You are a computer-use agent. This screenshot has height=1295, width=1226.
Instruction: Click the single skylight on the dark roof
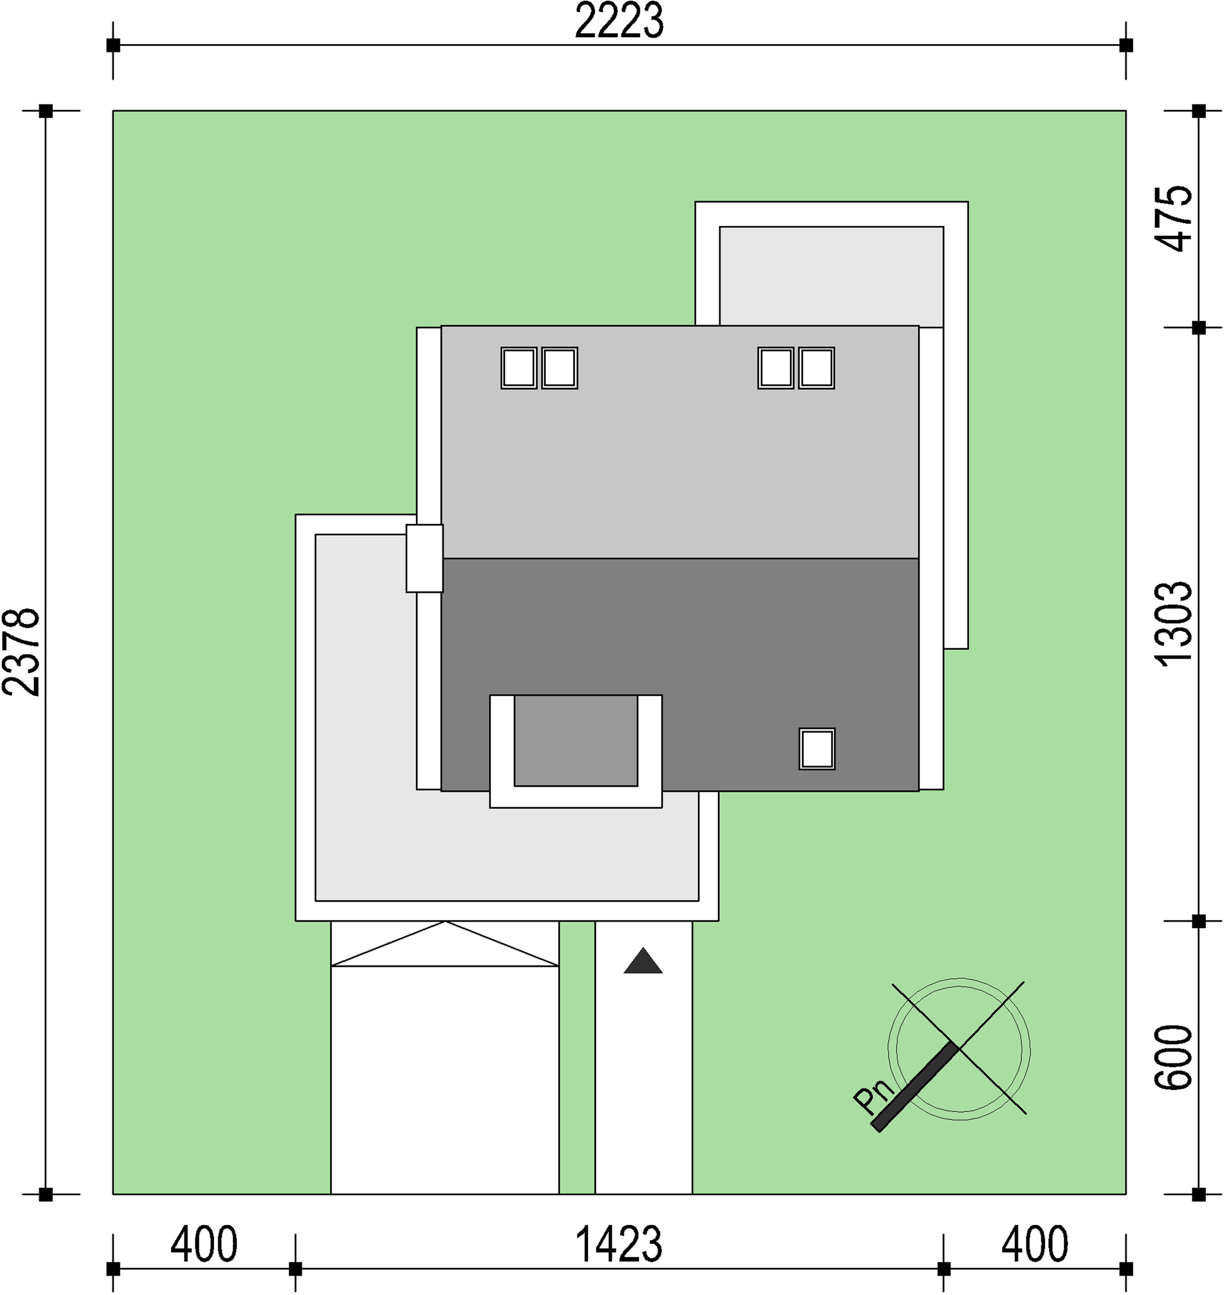point(817,749)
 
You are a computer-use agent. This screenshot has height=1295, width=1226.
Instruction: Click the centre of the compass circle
point(959,1049)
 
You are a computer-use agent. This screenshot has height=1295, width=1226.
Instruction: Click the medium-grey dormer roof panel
point(576,740)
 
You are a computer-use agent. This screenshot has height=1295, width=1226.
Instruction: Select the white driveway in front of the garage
point(445,1078)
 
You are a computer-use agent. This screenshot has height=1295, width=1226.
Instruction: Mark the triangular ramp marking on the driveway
point(445,944)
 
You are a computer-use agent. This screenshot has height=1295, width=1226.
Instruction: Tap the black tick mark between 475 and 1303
point(1199,327)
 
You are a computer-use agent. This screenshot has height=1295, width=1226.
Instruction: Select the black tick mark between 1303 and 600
point(1199,921)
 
